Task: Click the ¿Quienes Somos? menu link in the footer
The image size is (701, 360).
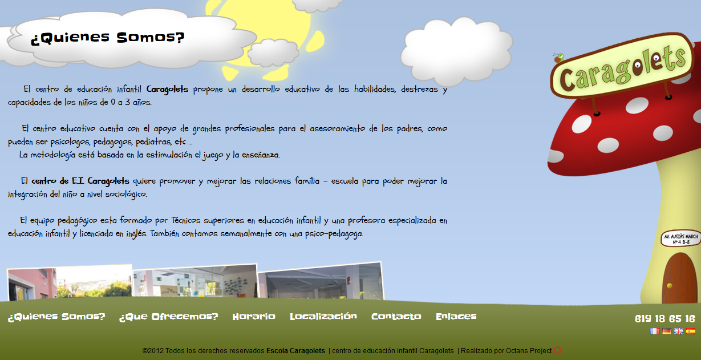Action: pos(56,317)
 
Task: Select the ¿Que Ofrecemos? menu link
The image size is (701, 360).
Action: pos(169,317)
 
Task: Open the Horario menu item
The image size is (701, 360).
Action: pos(254,317)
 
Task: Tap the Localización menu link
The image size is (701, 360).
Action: pos(323,317)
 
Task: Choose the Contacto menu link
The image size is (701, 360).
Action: pos(396,317)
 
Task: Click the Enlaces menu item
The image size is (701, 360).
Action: pos(456,317)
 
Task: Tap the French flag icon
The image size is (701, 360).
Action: pos(655,331)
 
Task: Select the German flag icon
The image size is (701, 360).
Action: pos(667,331)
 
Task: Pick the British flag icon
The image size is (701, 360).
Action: pos(678,331)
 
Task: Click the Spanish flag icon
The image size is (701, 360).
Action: pos(691,331)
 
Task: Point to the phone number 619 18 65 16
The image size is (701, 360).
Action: pos(665,319)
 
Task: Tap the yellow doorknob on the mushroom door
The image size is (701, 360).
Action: pos(670,286)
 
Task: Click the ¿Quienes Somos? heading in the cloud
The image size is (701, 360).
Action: pos(108,38)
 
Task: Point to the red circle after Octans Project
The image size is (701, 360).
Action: pos(557,351)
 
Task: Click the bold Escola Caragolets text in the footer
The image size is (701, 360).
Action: pos(295,351)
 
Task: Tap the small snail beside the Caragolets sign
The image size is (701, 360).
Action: pos(558,58)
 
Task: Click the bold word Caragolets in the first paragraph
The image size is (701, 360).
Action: pos(167,90)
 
